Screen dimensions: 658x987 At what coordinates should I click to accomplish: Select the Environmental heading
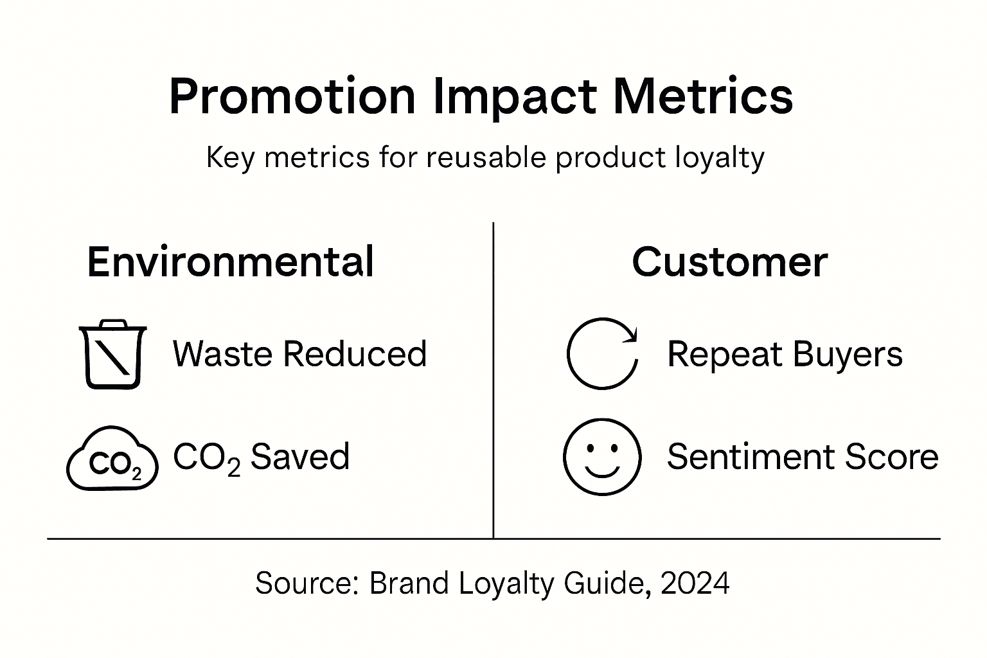pos(230,262)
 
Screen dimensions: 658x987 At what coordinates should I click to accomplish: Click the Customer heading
pos(729,262)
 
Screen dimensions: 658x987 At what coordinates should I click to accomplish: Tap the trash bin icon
pos(112,354)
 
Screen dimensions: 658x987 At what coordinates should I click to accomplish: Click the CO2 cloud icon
pos(112,459)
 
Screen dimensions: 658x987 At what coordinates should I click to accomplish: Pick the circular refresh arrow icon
pos(602,354)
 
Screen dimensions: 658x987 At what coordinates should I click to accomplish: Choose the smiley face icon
pos(602,457)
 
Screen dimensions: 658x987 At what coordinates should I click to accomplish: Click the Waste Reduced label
pos(299,354)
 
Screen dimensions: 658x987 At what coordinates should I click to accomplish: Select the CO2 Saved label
pos(261,457)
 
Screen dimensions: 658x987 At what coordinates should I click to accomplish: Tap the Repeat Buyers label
pos(785,354)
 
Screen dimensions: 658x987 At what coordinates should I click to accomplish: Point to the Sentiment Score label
pos(803,457)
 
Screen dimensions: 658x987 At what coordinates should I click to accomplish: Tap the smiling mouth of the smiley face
pos(602,472)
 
